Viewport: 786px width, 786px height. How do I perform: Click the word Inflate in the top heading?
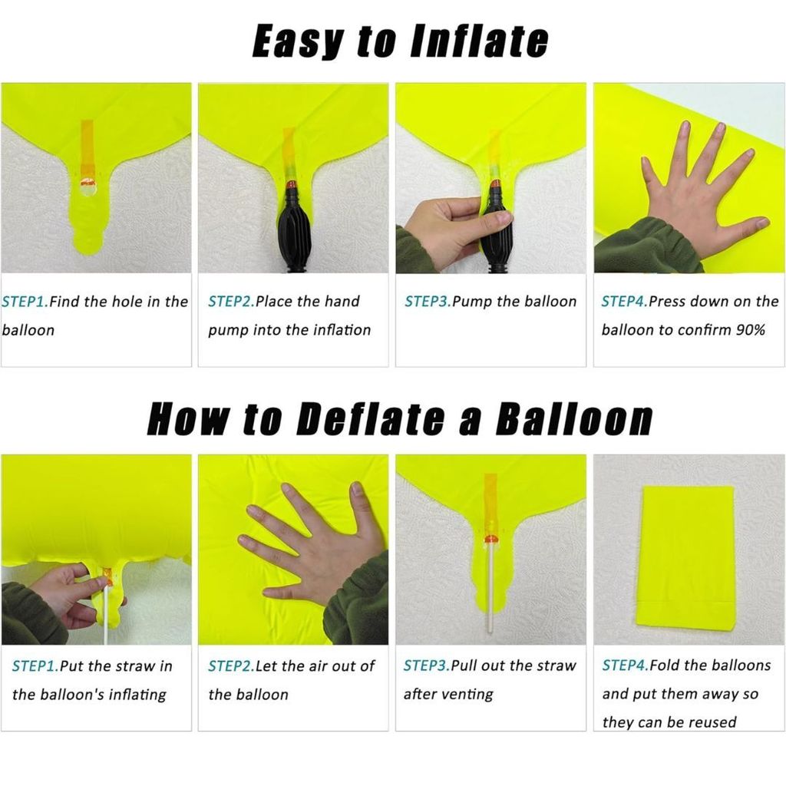tap(479, 41)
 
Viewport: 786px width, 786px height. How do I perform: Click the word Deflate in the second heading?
tap(371, 418)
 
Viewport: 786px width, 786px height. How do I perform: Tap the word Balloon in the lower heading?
tap(574, 418)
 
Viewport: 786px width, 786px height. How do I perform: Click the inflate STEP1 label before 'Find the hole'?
tap(25, 302)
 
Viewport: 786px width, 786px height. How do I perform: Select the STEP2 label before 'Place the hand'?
tap(232, 301)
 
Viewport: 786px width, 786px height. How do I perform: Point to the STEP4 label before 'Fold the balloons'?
tap(626, 665)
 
